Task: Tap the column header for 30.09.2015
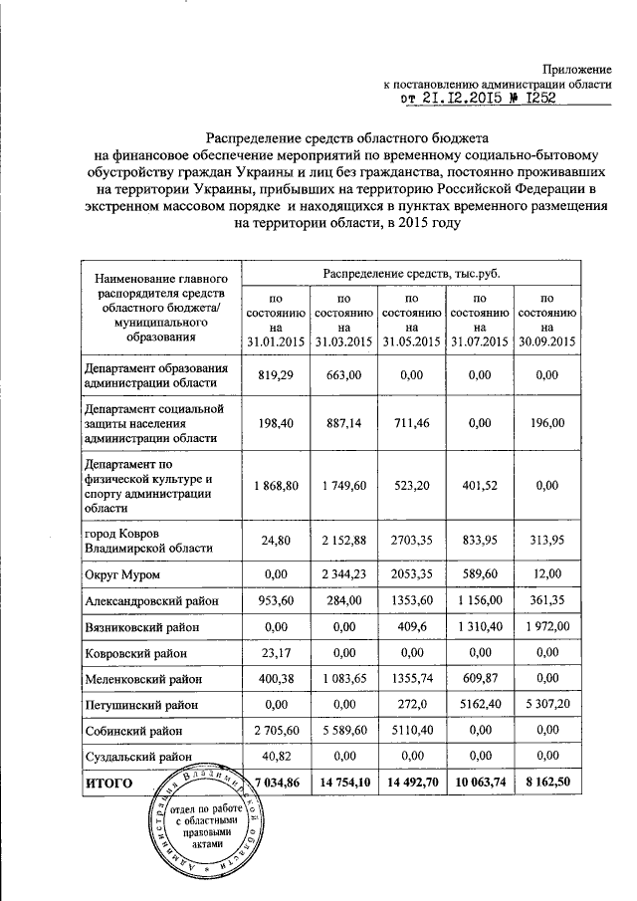point(547,319)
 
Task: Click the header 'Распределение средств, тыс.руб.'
point(411,272)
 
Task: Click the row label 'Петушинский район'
point(142,705)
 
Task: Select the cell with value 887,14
point(343,423)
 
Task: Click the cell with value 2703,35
point(411,541)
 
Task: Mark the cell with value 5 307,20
point(547,705)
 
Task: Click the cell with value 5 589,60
point(343,730)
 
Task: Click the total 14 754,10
point(343,784)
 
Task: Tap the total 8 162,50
point(547,784)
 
